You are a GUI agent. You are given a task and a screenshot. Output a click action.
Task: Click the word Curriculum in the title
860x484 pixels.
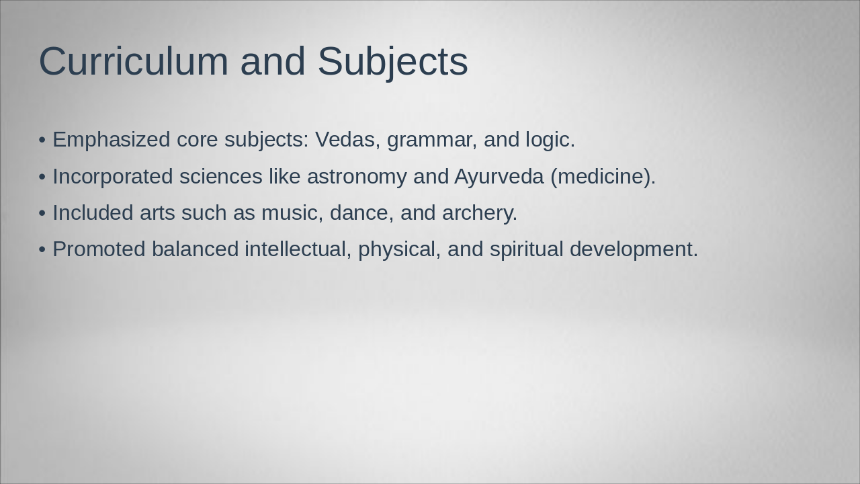[134, 61]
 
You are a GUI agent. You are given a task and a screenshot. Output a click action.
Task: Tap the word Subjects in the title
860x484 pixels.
[392, 61]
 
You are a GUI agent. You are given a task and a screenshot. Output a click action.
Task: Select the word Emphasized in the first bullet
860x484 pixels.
[111, 140]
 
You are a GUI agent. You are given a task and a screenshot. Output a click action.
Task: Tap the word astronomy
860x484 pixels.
[357, 176]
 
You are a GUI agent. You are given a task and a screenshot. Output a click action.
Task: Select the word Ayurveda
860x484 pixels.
[499, 176]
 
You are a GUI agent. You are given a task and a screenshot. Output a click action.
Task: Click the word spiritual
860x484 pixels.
[526, 249]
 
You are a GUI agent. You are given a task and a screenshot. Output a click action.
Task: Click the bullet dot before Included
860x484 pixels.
[42, 213]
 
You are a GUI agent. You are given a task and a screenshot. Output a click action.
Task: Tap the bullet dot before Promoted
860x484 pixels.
[42, 249]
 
